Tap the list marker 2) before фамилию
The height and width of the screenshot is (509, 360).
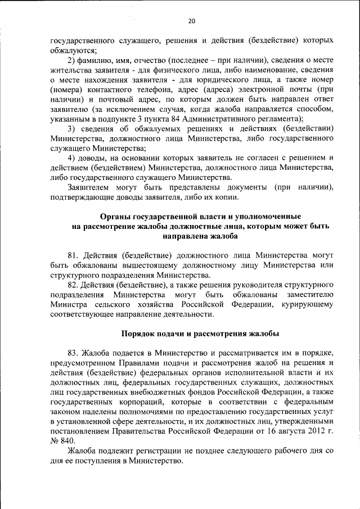71,61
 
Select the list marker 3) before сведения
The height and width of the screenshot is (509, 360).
71,128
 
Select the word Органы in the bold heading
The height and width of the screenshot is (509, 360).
115,216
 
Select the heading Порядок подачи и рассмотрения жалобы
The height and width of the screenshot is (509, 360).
200,334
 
